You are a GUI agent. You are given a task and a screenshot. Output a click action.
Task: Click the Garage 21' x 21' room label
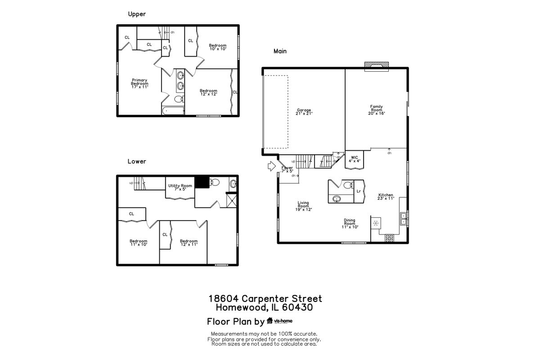[x=304, y=112]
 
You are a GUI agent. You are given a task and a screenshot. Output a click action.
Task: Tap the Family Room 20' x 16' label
[x=377, y=110]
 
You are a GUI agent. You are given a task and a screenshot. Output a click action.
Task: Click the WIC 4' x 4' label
[x=355, y=159]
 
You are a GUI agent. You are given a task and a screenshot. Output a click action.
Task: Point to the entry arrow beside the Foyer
[x=272, y=166]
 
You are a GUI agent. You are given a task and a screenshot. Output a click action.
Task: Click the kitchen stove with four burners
[x=389, y=238]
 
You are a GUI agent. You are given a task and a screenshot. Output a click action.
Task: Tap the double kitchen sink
[x=403, y=219]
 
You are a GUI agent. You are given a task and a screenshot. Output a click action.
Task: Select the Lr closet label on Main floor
[x=359, y=191]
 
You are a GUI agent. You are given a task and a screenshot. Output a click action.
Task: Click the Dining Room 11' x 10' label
[x=350, y=224]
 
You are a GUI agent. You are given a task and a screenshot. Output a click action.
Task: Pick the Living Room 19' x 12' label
[x=303, y=206]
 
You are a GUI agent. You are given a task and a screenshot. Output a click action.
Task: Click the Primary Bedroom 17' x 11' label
[x=139, y=83]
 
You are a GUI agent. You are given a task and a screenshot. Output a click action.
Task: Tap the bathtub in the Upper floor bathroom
[x=173, y=111]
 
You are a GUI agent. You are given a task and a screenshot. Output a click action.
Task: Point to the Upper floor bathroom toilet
[x=179, y=99]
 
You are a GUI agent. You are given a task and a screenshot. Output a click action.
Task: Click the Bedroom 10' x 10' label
[x=218, y=47]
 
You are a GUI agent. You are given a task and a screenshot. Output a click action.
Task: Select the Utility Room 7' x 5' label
[x=180, y=187]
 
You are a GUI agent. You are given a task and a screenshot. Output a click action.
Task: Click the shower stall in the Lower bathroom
[x=232, y=200]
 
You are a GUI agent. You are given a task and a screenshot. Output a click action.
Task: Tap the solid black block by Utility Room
[x=202, y=182]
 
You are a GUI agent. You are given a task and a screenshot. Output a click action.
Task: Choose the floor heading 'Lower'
[x=137, y=161]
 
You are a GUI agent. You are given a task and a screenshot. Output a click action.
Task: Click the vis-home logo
[x=279, y=321]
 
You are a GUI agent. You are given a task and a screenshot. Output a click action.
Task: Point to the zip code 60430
[x=297, y=307]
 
